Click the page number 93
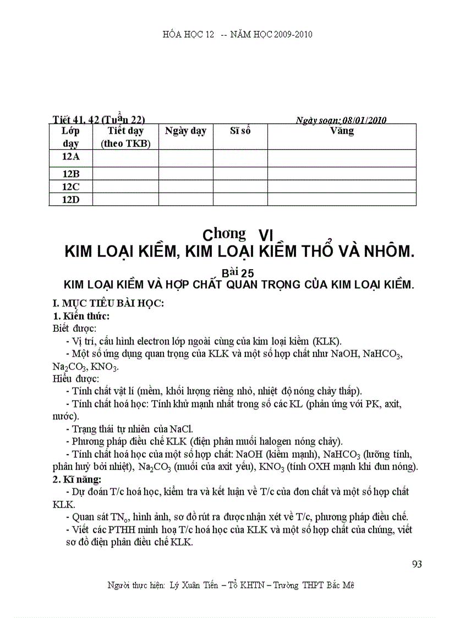point(417,564)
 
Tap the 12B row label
point(70,174)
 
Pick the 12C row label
point(70,187)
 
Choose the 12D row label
point(70,199)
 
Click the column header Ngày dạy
point(185,131)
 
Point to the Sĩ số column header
point(240,131)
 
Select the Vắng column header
point(342,131)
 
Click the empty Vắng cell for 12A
point(342,158)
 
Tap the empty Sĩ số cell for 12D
point(240,199)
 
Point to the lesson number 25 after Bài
point(247,272)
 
